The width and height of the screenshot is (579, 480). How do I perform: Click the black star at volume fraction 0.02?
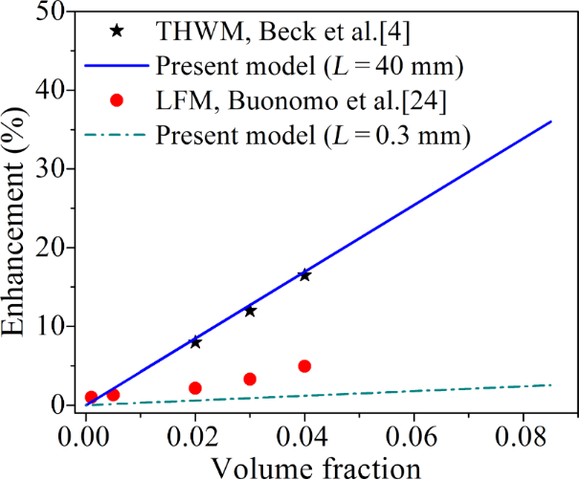[x=195, y=341]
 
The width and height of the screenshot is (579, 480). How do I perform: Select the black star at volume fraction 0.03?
[x=250, y=311]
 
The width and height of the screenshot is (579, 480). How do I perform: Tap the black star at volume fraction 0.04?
[x=304, y=275]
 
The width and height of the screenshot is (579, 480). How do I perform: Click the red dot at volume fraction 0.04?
[x=304, y=366]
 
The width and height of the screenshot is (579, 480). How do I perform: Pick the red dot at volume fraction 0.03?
[x=250, y=379]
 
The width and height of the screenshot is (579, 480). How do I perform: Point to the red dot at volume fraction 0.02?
[x=195, y=388]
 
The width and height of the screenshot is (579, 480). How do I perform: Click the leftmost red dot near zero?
[x=91, y=397]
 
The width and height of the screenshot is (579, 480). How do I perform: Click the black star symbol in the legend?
[x=117, y=31]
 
